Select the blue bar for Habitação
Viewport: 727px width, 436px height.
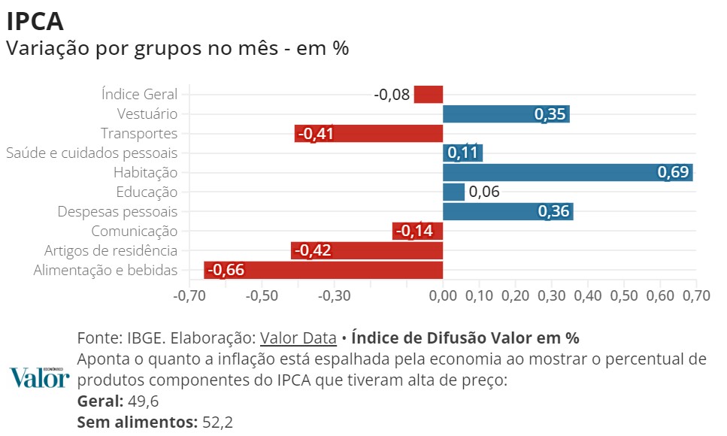[568, 172]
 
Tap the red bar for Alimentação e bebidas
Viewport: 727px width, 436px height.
[323, 270]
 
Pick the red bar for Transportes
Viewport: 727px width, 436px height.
[368, 134]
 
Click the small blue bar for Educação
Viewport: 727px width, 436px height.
[453, 192]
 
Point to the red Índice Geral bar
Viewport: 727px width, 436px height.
[429, 94]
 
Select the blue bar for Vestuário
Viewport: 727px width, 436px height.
[506, 114]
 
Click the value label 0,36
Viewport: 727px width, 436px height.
[554, 212]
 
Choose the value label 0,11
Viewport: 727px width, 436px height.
[462, 153]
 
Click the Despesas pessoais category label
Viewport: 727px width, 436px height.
[117, 212]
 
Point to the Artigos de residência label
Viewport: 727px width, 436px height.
[111, 251]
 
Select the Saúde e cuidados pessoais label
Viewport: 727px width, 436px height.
[92, 153]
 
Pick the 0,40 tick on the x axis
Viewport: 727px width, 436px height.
[588, 295]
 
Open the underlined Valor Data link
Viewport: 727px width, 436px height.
[298, 337]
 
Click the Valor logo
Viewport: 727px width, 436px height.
[40, 378]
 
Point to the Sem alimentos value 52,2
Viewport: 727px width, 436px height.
[218, 422]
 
